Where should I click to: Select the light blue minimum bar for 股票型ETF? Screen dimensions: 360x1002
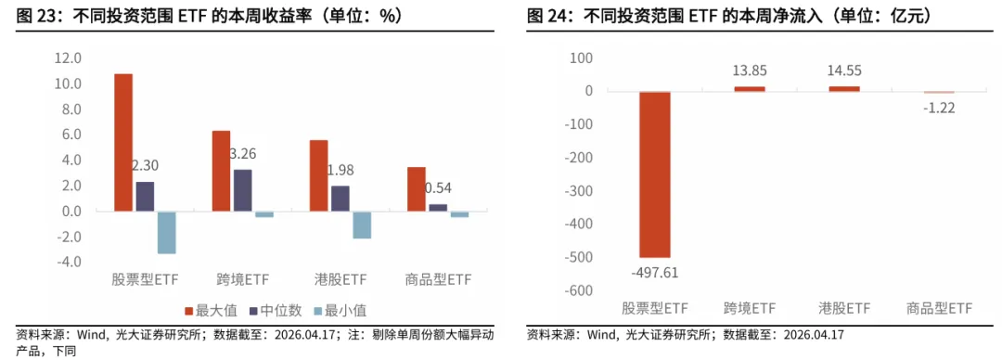[166, 232]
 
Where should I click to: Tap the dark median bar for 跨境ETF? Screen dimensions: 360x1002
[241, 190]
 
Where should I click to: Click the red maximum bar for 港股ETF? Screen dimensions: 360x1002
[318, 175]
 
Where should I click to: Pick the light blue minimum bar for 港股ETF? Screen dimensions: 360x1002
[362, 225]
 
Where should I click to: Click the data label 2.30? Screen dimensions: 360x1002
[145, 166]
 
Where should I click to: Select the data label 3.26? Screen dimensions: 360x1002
[242, 153]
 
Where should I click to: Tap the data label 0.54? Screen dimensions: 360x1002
[438, 188]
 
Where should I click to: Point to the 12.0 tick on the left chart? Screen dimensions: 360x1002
[70, 58]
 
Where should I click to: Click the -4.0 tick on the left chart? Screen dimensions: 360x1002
[70, 262]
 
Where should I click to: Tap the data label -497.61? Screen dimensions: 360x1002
[653, 272]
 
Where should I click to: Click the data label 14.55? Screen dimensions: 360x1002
[844, 70]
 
